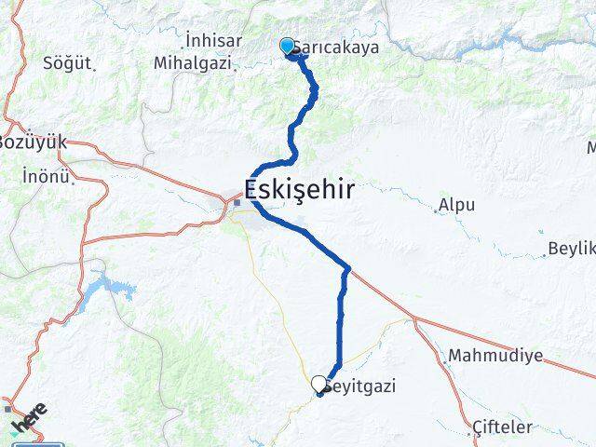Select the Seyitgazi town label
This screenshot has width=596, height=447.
[x=354, y=385]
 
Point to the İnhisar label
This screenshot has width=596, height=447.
[x=214, y=40]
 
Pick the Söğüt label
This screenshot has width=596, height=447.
[x=68, y=64]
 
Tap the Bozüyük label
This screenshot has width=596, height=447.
[x=34, y=142]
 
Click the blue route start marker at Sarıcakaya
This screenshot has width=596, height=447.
[x=287, y=46]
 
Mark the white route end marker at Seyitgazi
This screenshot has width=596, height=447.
[x=319, y=383]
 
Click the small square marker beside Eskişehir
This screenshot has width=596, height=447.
[x=237, y=202]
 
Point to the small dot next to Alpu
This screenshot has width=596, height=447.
[x=436, y=211]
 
